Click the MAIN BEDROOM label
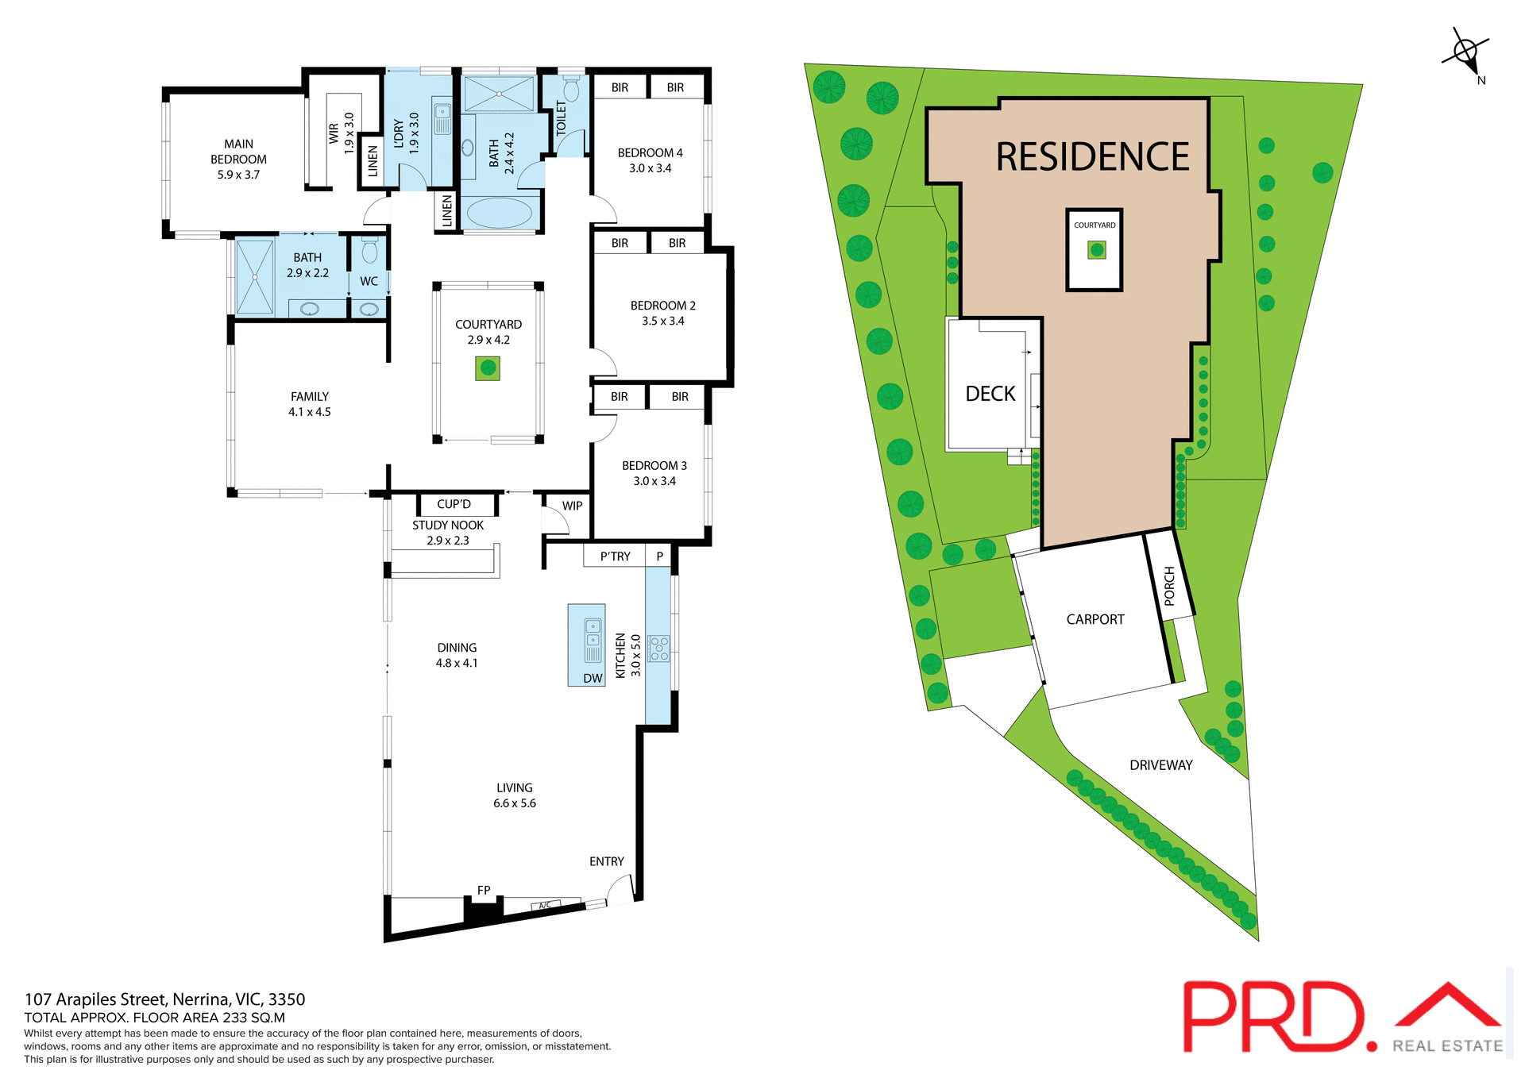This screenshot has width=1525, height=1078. point(238,159)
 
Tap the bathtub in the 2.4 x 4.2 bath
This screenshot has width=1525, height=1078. point(499,213)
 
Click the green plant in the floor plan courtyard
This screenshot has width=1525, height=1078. point(488,368)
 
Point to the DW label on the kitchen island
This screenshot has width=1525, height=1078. point(593,678)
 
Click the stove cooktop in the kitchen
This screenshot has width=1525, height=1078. point(658,648)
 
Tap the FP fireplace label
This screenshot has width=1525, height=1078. point(484,890)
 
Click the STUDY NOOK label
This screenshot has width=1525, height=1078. point(448,525)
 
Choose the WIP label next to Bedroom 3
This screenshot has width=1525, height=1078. point(572,506)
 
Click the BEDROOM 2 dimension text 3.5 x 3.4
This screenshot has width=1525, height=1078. point(662,321)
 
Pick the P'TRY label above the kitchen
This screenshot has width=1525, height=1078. point(615,556)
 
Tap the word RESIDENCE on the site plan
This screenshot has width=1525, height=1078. point(1092,157)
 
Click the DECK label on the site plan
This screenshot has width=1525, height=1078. point(990,394)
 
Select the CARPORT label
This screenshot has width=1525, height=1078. point(1095,619)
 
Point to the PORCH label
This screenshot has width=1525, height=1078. point(1169,586)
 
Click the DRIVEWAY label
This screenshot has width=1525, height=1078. point(1160,765)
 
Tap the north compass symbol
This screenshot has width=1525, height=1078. point(1465,54)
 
